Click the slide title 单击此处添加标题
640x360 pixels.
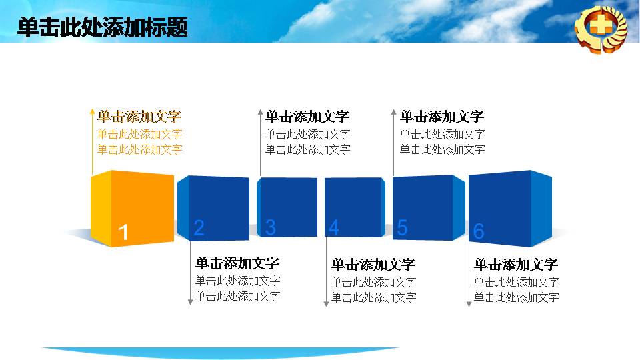pos(103,27)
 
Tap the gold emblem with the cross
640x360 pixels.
pos(601,29)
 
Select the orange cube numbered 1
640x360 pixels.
pos(132,209)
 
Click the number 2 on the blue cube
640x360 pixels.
pos(199,228)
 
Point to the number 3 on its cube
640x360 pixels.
pos(270,227)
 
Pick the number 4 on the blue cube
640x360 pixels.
pos(333,227)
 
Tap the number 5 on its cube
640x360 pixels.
pos(402,227)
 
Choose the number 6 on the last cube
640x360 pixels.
pos(479,231)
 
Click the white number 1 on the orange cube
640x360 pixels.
pos(123,233)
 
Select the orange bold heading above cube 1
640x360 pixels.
pos(139,117)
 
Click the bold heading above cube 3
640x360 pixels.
pos(307,117)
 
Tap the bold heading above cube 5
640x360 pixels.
pos(442,117)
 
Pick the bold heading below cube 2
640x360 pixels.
pos(237,263)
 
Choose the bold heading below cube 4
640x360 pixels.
pos(373,265)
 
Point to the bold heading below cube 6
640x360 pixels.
pos(516,265)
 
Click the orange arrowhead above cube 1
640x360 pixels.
pos(92,111)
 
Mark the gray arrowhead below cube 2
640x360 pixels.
pos(190,302)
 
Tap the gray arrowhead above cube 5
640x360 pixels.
pos(393,111)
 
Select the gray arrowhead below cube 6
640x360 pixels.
pos(469,304)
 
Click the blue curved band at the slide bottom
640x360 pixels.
pos(221,352)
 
